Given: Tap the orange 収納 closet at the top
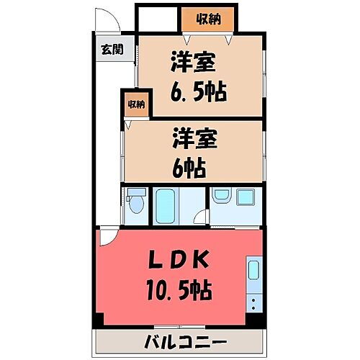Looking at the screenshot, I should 207,19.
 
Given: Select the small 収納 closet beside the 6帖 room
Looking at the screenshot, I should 136,104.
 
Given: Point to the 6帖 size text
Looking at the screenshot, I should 189,168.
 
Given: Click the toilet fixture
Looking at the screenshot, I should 135,205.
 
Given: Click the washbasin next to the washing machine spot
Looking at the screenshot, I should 222,195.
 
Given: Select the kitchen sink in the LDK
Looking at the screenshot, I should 254,271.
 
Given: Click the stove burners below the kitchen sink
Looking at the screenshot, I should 254,303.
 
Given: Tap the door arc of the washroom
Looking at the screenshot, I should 204,217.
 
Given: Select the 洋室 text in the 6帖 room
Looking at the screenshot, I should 190,137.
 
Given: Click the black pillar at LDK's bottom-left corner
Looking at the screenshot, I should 99,317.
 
